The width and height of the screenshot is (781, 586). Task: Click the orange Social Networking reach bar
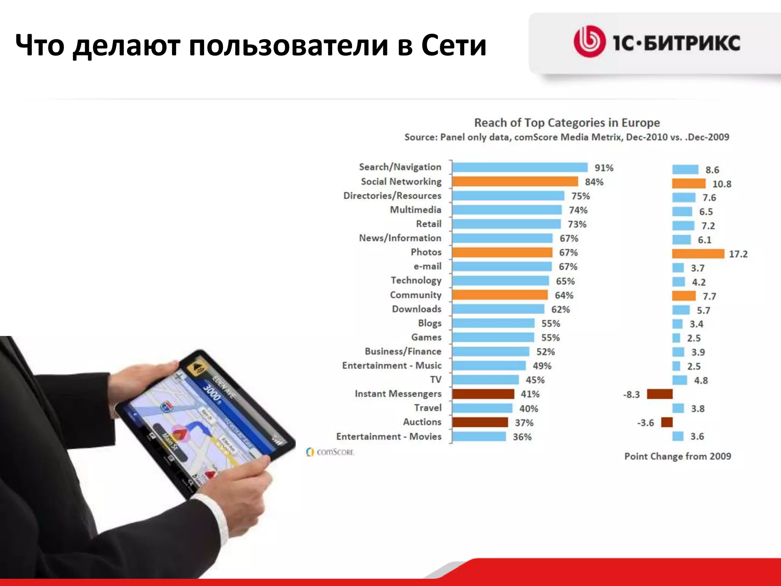pos(515,182)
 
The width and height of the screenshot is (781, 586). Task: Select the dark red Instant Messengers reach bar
pos(483,394)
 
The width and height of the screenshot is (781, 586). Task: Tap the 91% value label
pos(604,168)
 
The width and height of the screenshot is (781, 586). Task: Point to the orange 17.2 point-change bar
pos(698,254)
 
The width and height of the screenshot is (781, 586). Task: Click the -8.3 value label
pos(632,394)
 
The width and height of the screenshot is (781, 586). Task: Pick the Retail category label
pos(429,224)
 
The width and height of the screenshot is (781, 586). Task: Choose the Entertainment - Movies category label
pos(389,436)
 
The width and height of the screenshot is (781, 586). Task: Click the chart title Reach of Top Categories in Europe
pos(567,123)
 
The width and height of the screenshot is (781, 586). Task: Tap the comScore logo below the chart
pos(330,452)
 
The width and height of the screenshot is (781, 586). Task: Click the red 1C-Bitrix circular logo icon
pos(589,42)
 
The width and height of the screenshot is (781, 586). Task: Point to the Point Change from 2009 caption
pos(678,456)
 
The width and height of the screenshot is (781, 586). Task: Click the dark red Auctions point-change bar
pos(667,422)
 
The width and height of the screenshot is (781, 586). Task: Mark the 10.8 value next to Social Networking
pos(722,184)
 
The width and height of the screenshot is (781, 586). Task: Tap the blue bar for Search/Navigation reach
pos(520,167)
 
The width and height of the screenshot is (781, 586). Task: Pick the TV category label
pos(436,380)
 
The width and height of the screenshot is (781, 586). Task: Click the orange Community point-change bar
pos(684,296)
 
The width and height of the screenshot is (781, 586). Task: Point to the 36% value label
pos(522,437)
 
